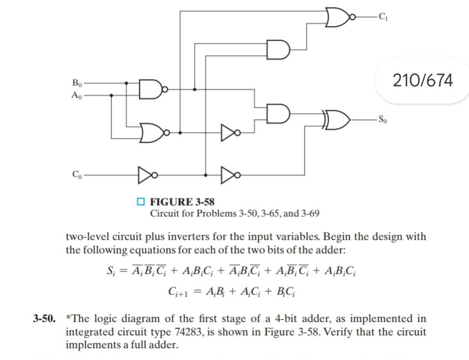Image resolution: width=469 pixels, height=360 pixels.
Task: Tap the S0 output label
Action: point(381,119)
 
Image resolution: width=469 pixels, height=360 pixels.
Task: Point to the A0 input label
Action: point(77,95)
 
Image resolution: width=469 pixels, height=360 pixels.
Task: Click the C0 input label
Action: point(77,174)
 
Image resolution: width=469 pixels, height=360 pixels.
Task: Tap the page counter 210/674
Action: point(423,81)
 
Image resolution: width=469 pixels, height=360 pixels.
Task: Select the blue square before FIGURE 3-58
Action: point(141,202)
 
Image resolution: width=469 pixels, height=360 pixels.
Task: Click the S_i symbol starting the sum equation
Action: point(110,271)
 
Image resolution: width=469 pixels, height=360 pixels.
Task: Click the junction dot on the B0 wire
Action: point(127,84)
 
